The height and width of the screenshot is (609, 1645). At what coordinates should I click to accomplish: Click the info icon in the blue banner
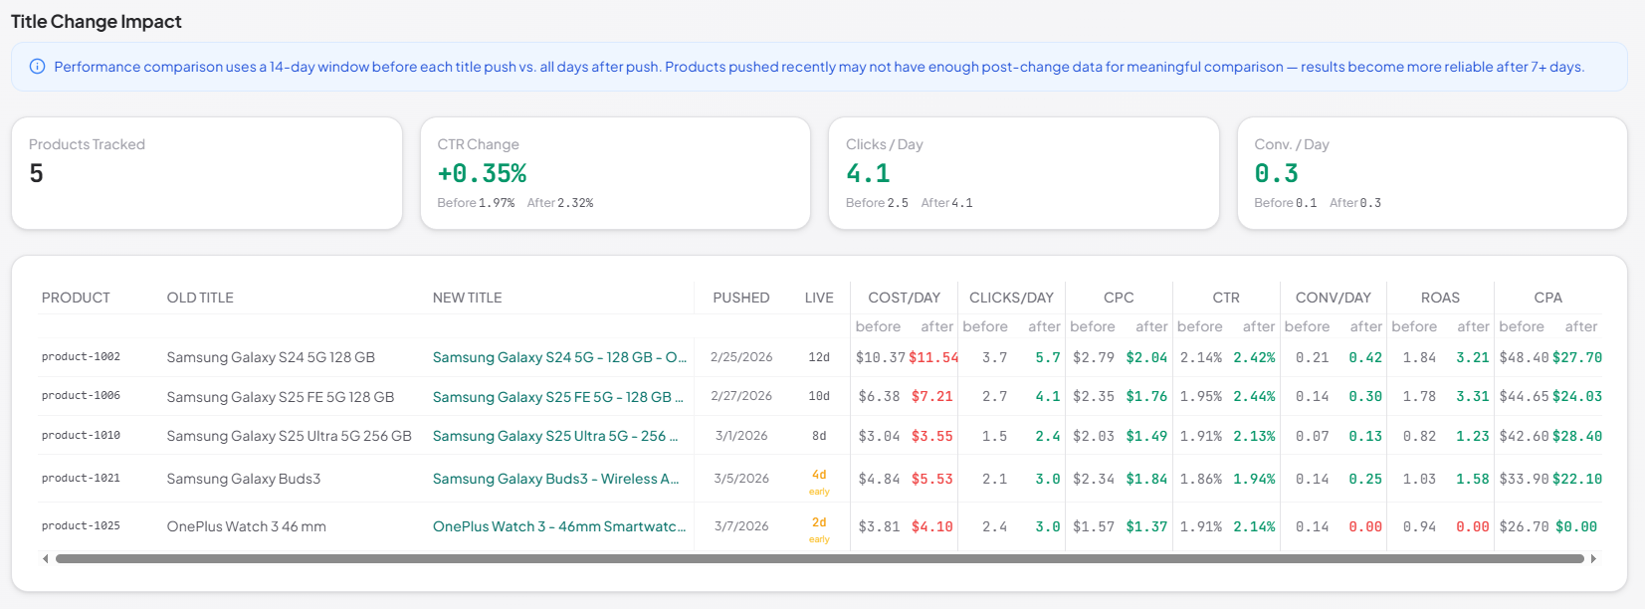coord(37,67)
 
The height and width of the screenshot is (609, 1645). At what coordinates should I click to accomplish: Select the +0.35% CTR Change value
coord(482,174)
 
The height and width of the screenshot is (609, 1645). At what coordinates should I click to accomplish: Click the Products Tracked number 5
coord(37,174)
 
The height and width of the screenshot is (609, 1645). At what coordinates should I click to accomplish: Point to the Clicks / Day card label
coord(884,144)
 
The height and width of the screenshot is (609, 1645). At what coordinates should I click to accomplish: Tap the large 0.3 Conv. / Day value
coord(1276,174)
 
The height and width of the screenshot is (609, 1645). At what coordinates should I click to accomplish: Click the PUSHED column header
coord(740,298)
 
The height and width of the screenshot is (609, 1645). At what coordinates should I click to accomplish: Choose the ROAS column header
coord(1440,298)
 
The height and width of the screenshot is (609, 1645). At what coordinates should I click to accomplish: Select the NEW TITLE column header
coord(467,298)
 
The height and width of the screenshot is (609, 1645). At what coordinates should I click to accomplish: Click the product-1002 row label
coord(81,357)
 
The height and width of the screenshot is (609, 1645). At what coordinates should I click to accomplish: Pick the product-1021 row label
coord(81,479)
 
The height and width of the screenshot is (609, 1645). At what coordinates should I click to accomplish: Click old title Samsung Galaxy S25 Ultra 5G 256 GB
coord(289,436)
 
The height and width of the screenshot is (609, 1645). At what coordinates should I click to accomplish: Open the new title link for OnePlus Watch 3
coord(558,526)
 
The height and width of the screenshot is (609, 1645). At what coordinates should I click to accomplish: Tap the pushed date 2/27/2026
coord(740,396)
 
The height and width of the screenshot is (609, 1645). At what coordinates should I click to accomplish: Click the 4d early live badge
coord(819,481)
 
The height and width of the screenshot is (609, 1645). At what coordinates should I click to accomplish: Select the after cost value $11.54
coord(932,357)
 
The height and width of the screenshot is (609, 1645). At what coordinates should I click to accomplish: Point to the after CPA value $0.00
coord(1575,526)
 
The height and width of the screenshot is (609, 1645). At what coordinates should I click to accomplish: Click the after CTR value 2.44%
coord(1254,396)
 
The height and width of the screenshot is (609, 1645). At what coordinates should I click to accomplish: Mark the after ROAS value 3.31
coord(1472,396)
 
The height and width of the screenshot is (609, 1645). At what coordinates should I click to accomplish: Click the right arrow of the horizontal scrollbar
coord(1593,559)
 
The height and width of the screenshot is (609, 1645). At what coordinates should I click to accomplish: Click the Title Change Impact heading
coord(97,22)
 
